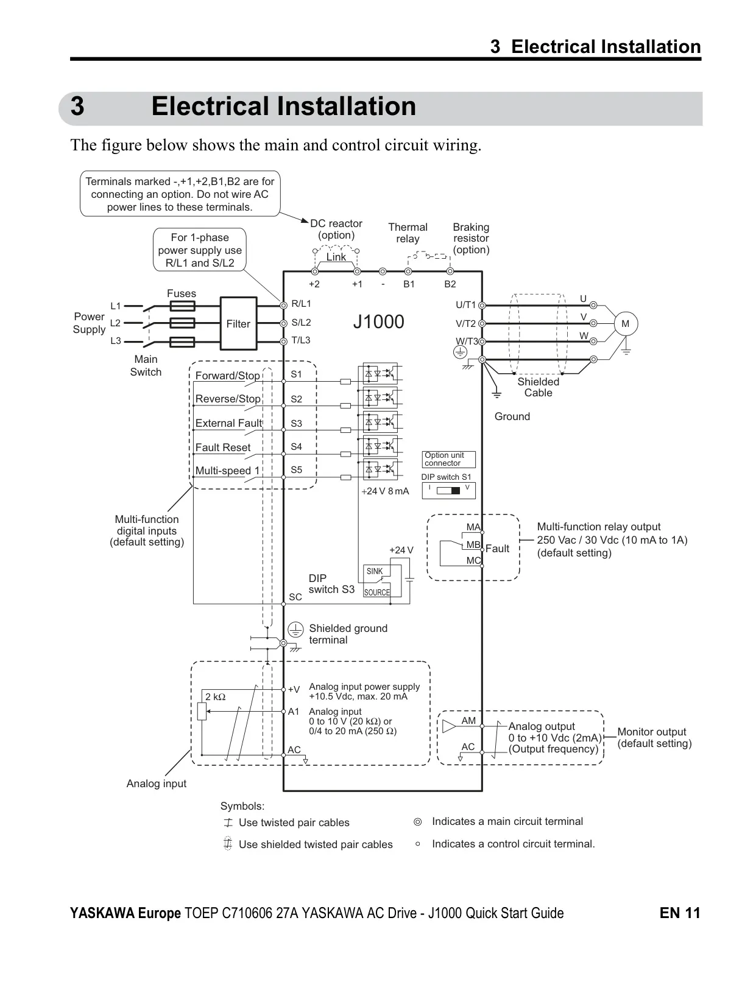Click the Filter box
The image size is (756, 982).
click(238, 323)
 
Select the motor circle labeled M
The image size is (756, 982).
click(625, 323)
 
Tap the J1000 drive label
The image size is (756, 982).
click(378, 322)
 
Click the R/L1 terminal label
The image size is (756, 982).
click(301, 304)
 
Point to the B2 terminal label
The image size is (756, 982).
click(450, 284)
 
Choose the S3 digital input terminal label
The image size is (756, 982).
click(296, 424)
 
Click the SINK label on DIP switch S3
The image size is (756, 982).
click(375, 571)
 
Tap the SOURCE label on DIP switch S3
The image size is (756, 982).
click(376, 592)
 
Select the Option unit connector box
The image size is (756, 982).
click(448, 459)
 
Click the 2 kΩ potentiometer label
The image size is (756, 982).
click(215, 697)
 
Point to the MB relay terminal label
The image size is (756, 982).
click(473, 544)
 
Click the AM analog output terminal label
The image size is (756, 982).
click(468, 721)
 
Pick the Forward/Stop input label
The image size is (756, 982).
click(227, 376)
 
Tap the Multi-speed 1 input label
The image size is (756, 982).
click(227, 471)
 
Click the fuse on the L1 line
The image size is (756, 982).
click(182, 306)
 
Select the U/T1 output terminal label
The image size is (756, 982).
click(465, 305)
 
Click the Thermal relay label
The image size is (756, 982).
click(408, 233)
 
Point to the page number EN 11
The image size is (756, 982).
click(680, 913)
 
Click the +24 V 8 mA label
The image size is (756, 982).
click(385, 491)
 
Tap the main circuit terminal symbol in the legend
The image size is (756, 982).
click(418, 821)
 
